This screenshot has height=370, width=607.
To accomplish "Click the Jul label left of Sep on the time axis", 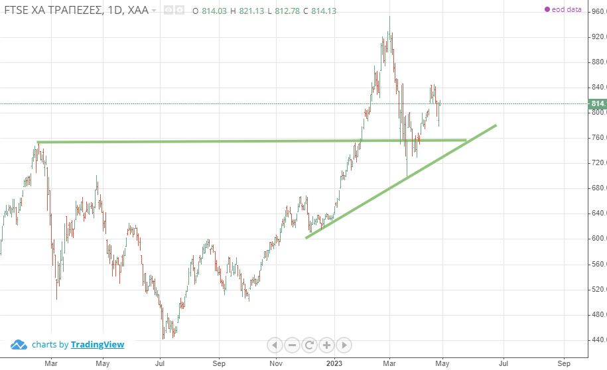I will (160, 363).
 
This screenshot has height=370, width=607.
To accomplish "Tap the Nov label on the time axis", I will (277, 363).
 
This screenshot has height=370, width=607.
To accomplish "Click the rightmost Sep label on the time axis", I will (564, 363).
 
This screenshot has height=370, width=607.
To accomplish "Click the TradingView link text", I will (98, 344).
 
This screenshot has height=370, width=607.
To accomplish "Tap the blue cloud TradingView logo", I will (19, 344).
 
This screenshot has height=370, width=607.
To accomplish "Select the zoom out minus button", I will (292, 345).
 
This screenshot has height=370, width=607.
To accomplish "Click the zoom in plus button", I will (326, 345).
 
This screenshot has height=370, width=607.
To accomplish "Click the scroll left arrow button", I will (275, 345).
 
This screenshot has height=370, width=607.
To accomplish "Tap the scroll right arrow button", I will (344, 345).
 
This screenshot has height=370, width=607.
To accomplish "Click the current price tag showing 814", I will (597, 104).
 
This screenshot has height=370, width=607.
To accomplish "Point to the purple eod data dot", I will (547, 10).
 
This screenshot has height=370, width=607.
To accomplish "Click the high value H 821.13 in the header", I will (244, 11).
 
